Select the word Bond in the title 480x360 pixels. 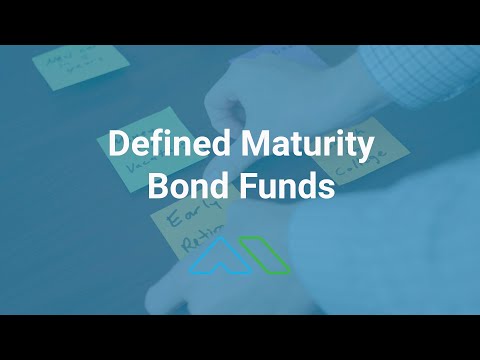tap(185, 187)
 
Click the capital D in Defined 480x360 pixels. tap(117, 147)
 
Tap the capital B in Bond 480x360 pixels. tap(157, 187)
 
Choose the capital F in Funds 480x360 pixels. tap(243, 187)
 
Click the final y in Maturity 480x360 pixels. tap(366, 150)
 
